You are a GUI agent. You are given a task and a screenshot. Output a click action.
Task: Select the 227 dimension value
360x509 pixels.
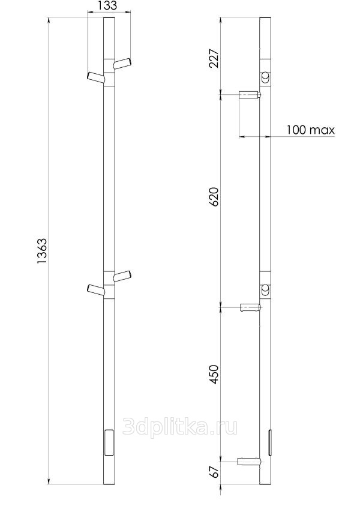(214, 58)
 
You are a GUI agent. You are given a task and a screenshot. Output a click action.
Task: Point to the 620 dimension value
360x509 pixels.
(214, 196)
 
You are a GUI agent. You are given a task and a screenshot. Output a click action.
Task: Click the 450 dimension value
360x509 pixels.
(214, 375)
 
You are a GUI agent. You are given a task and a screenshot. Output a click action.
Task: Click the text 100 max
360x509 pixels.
(310, 130)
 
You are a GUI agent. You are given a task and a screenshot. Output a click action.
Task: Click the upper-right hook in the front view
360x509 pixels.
(122, 63)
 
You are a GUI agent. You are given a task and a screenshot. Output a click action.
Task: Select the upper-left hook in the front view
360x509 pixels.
(96, 78)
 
